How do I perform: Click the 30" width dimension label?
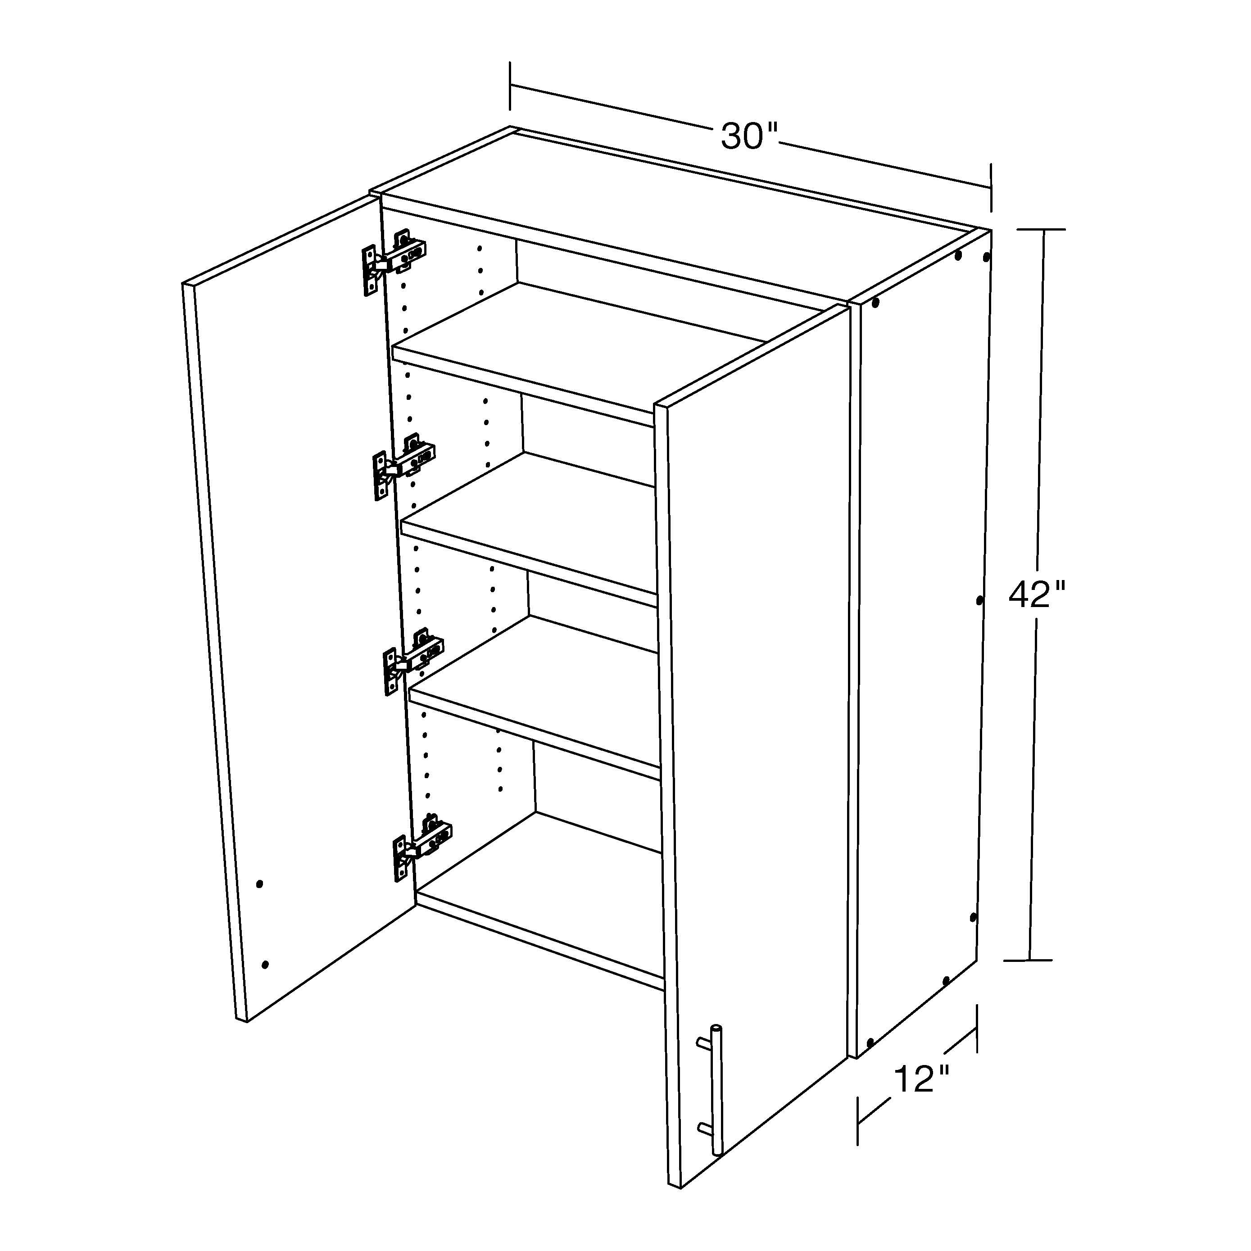(x=749, y=136)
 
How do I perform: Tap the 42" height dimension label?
(x=1037, y=594)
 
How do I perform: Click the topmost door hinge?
(x=393, y=261)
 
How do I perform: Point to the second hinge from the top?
(x=403, y=466)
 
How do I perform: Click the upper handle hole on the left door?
(x=260, y=884)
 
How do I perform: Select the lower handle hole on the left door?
(x=265, y=965)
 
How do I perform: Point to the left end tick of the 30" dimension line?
(x=510, y=86)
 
